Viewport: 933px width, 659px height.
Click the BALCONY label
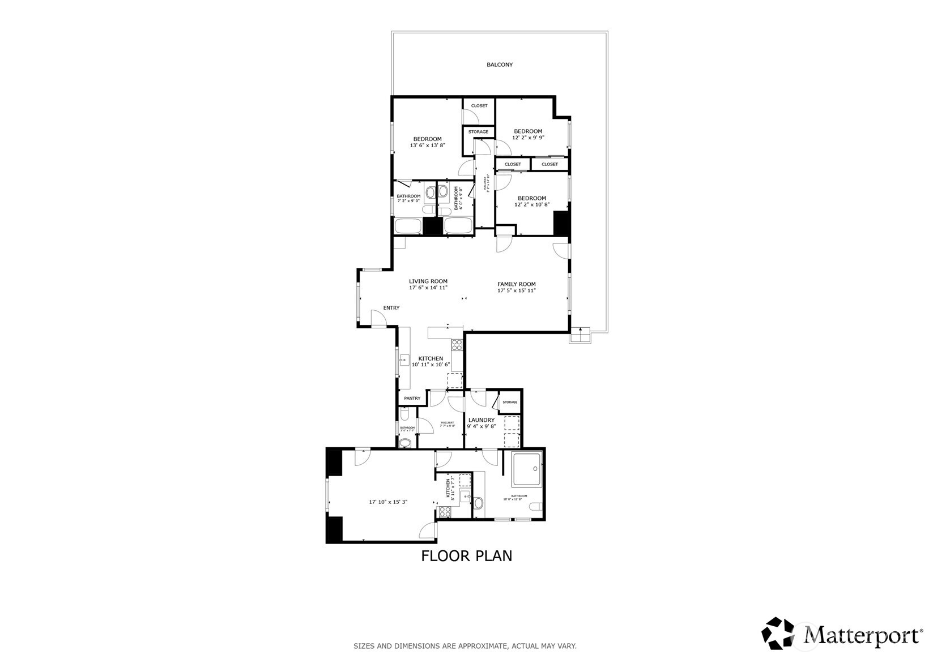click(x=499, y=65)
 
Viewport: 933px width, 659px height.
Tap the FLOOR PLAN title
click(x=466, y=556)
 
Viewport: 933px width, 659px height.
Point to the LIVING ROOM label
click(x=428, y=281)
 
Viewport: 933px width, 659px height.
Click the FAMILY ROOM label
click(x=516, y=284)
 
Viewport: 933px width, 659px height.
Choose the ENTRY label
click(x=391, y=308)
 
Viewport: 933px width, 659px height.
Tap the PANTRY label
click(x=412, y=399)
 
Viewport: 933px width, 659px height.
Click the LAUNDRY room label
click(x=481, y=420)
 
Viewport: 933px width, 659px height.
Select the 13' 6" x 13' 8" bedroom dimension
click(x=427, y=146)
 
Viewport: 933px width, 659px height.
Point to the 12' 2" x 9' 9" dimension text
click(x=528, y=138)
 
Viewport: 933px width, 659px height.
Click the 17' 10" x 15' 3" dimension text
click(x=388, y=502)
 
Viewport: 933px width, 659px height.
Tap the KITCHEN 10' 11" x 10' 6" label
click(x=431, y=362)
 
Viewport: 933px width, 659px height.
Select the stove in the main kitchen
click(x=457, y=344)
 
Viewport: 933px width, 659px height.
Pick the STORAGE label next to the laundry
click(x=510, y=403)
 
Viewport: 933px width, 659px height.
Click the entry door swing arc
click(x=378, y=318)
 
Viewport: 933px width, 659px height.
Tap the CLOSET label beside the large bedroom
click(x=479, y=106)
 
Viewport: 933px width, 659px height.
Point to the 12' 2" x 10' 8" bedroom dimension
click(x=532, y=204)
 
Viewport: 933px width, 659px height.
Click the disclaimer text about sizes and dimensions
click(x=465, y=646)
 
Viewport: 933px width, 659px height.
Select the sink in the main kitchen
click(x=404, y=358)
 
